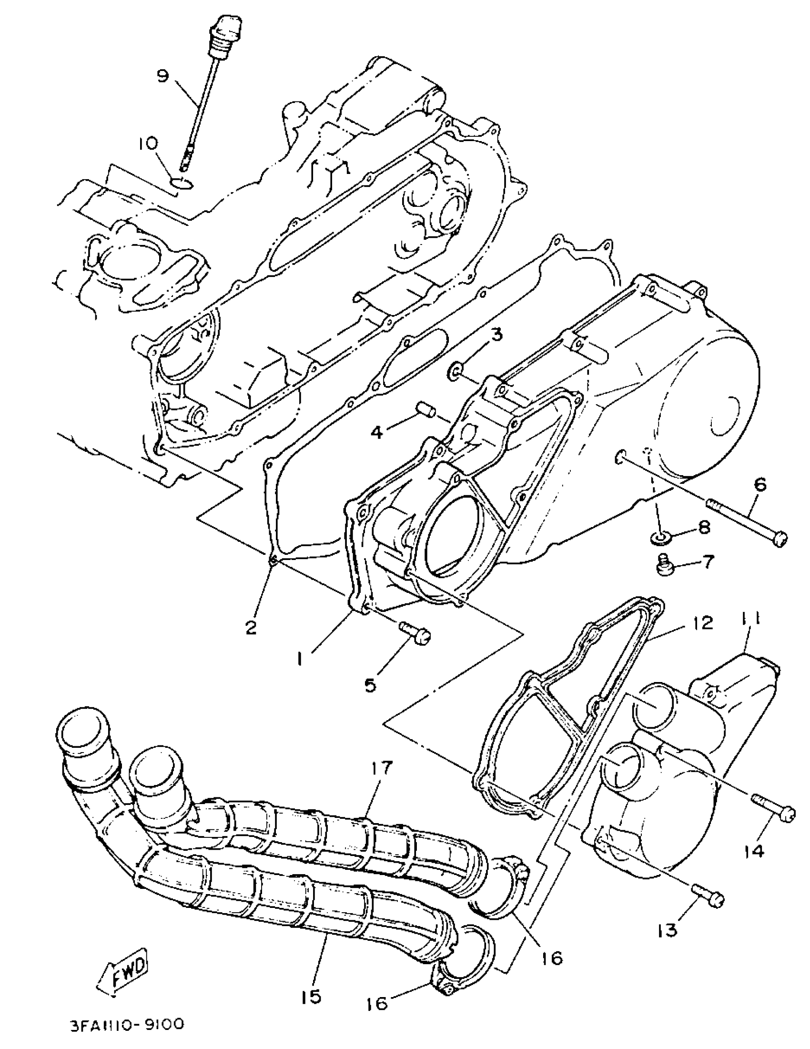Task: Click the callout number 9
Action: click(163, 76)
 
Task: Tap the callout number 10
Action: click(148, 144)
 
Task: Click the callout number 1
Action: click(299, 661)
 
